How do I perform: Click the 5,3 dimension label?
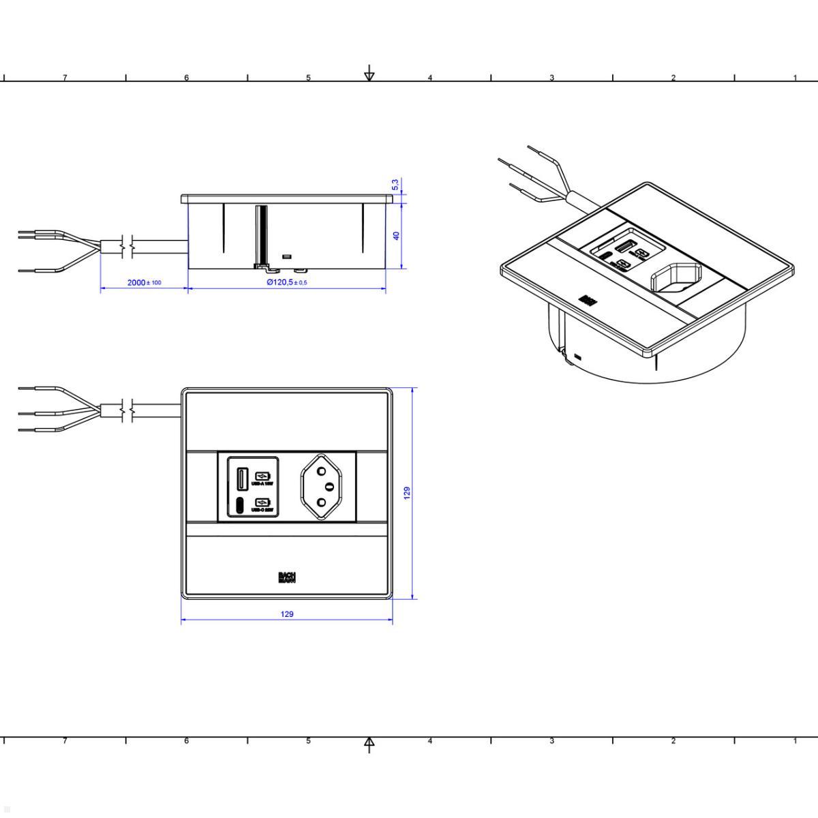point(395,185)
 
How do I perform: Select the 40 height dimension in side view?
point(396,235)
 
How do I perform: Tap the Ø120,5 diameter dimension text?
point(287,282)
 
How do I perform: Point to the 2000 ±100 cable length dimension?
point(144,282)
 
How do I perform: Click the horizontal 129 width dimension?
point(287,614)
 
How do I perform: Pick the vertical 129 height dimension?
point(407,492)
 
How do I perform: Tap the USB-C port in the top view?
point(240,505)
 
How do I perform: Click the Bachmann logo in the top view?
point(287,577)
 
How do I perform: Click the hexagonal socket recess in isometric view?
point(673,281)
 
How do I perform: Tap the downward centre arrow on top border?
point(369,73)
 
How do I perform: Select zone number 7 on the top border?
point(65,78)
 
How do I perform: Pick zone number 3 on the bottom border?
point(551,741)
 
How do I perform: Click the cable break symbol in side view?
point(126,246)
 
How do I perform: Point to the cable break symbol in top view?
point(126,410)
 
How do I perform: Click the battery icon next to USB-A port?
point(262,476)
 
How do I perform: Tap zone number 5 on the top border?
point(308,78)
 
